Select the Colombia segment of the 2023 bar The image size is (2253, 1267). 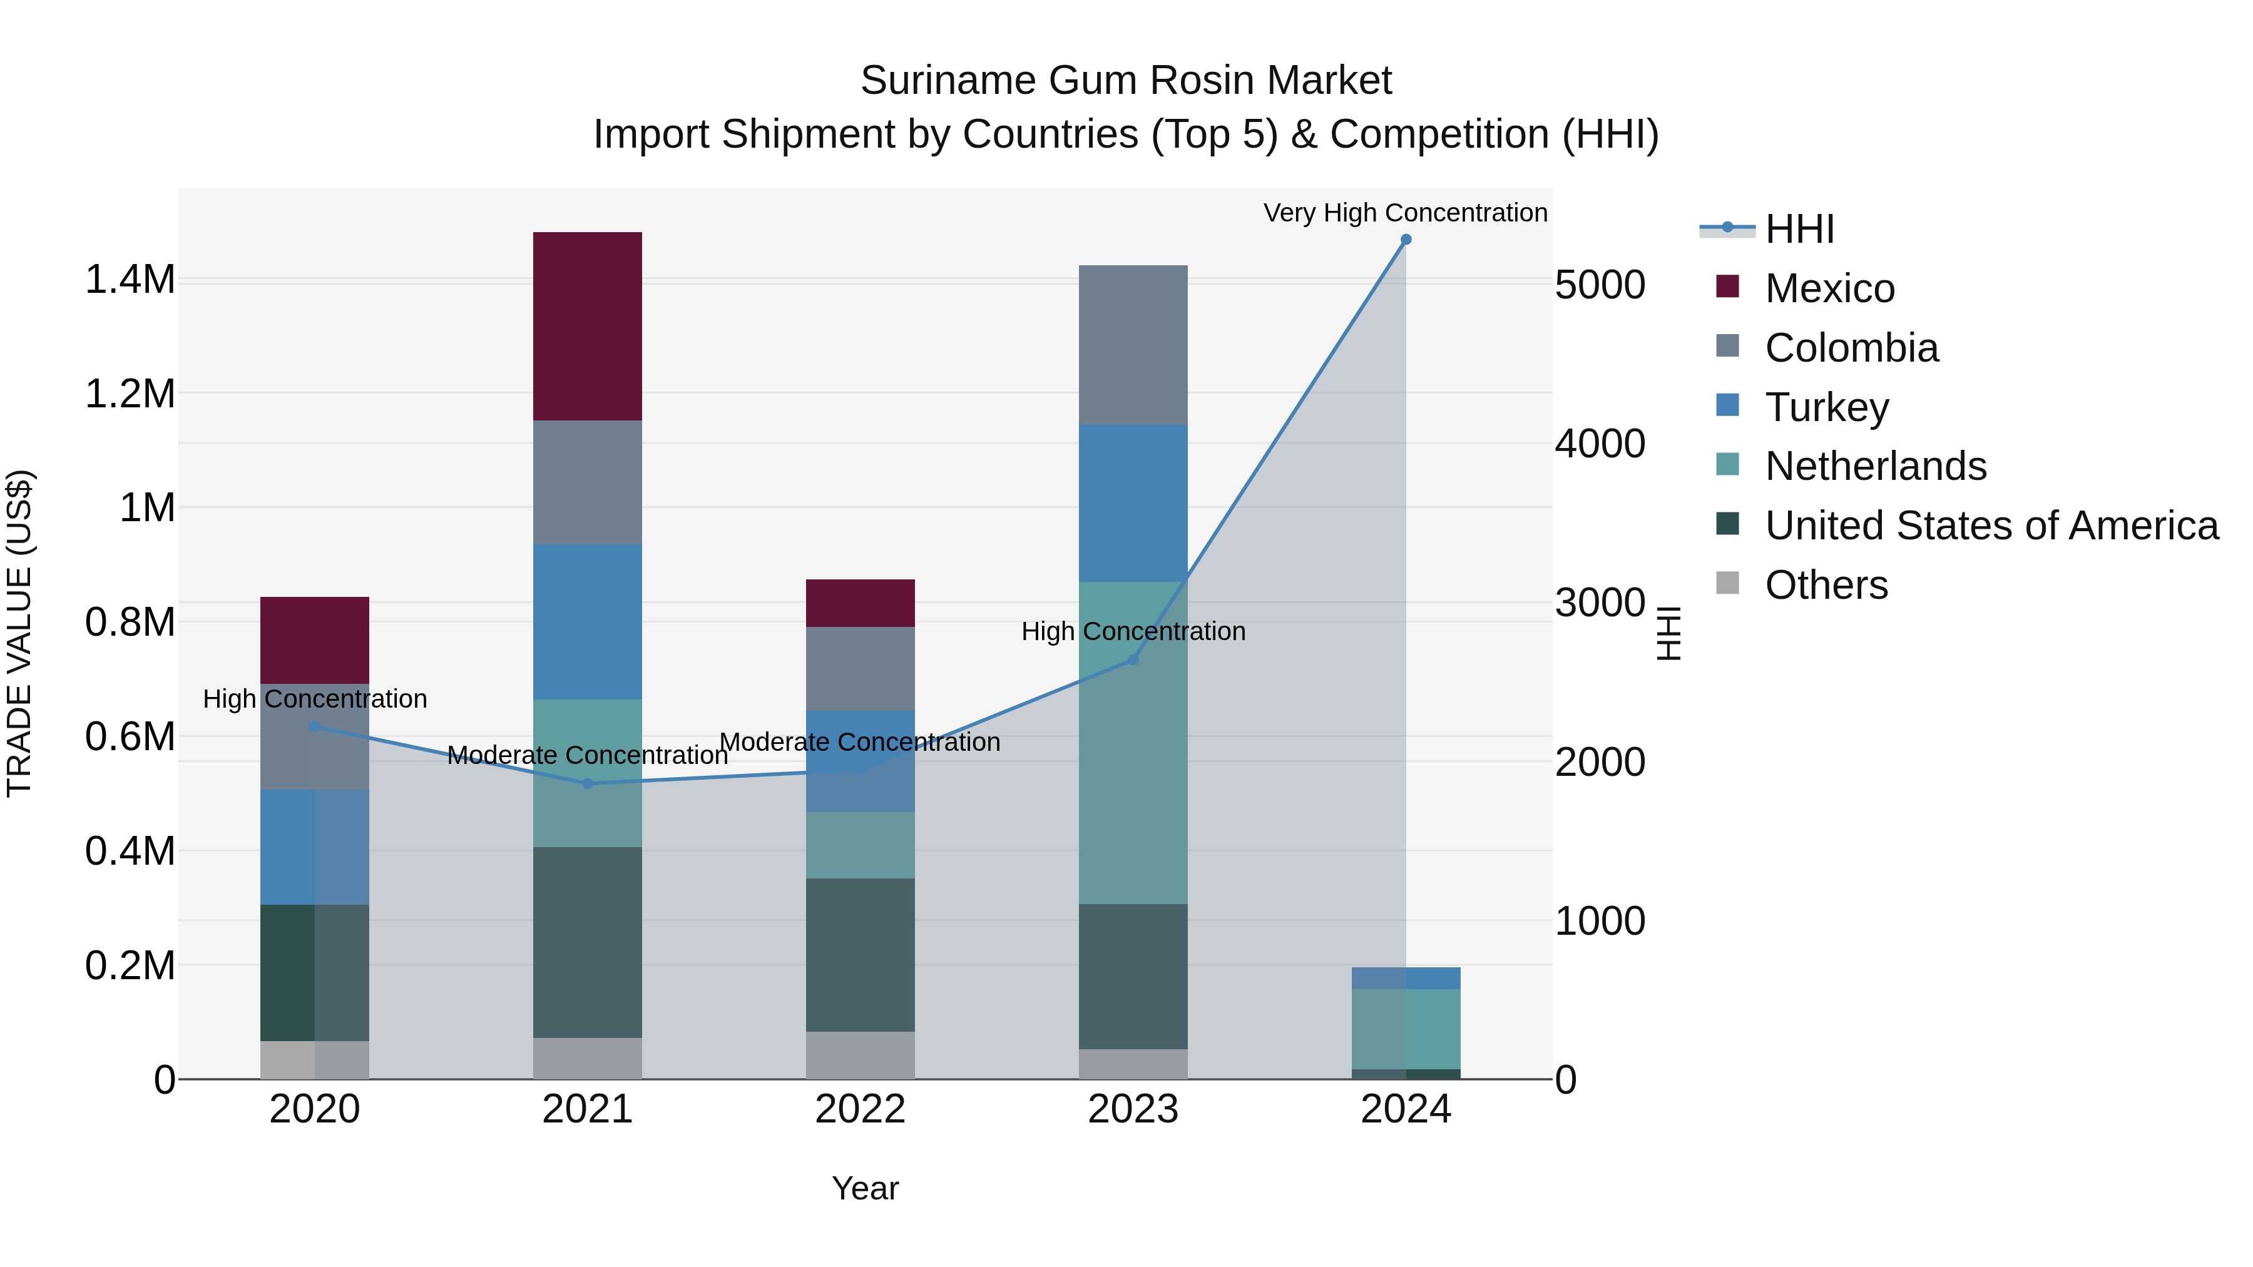1133,345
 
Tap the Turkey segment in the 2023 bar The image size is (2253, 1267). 1133,503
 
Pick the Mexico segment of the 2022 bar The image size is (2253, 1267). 860,603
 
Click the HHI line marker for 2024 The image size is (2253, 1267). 1406,240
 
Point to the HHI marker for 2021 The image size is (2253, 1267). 587,783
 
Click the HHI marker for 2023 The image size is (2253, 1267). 1133,659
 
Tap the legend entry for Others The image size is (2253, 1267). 1826,585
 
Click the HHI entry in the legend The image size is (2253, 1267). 1799,229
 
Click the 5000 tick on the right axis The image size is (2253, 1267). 1600,285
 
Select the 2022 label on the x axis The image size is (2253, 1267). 860,1109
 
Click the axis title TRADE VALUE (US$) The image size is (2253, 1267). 19,633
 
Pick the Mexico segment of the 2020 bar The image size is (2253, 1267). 314,640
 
